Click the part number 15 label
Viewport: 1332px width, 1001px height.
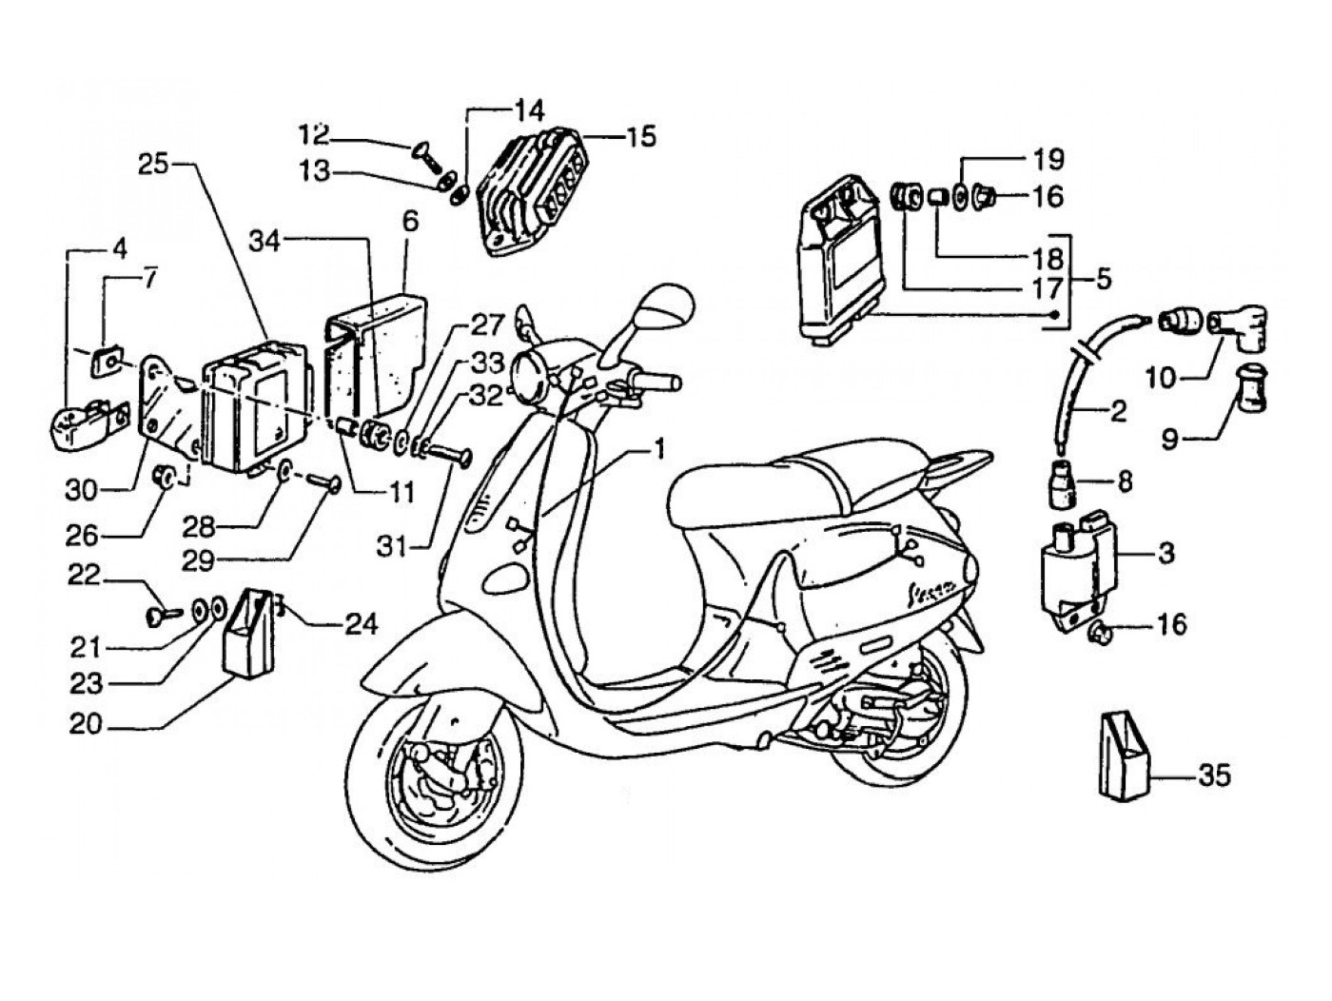click(641, 136)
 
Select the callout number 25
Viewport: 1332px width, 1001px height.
click(152, 163)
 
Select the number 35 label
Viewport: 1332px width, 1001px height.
click(1213, 775)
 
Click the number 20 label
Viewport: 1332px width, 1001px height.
click(85, 724)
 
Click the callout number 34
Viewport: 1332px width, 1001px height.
click(265, 241)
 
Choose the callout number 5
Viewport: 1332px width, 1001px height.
click(1103, 279)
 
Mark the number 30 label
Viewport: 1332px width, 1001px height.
click(82, 490)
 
